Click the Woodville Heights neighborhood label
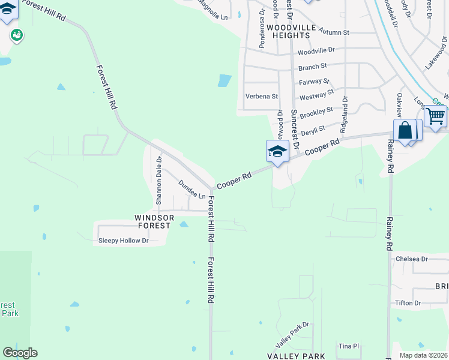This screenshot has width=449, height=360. coord(290,32)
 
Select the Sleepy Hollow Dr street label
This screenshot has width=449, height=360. coord(123,241)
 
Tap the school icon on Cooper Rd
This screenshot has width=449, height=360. coord(277,151)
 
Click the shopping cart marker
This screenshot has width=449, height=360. coord(436,115)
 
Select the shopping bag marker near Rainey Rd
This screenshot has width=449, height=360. coord(405,131)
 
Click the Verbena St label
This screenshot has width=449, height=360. coord(262,96)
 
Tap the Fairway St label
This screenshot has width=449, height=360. coord(314,82)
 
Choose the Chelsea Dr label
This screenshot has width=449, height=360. coord(412,259)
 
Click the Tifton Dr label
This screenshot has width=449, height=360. coord(408,303)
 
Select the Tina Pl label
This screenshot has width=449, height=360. coord(348,346)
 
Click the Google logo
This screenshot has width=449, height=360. coord(20,353)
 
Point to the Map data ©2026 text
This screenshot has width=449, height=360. coord(423,355)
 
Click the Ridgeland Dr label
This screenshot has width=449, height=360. coord(344,115)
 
